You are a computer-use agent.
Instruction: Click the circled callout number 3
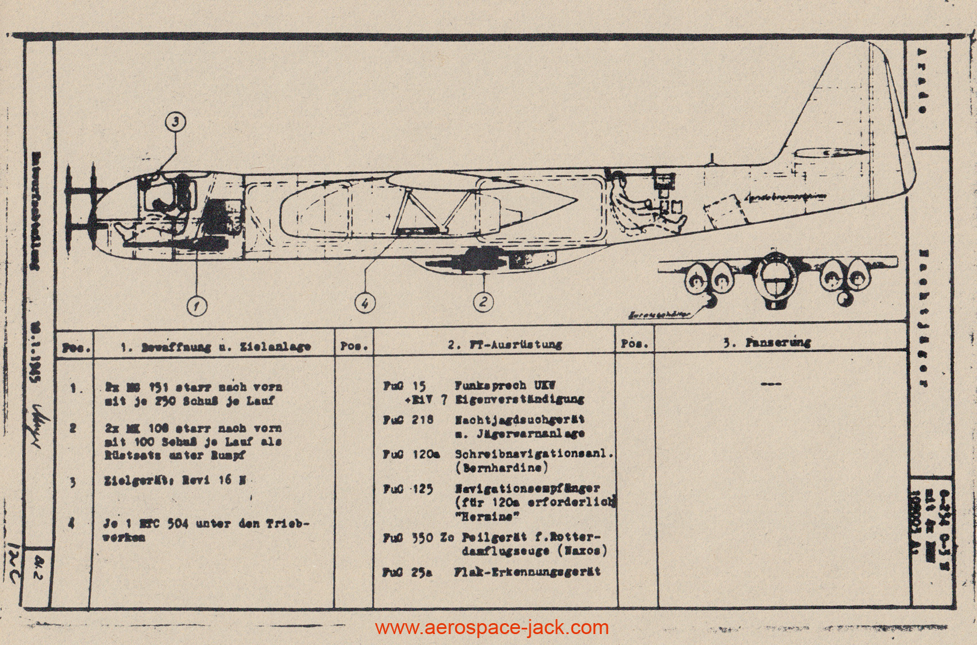[x=176, y=122]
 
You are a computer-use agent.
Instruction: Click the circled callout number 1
[x=197, y=305]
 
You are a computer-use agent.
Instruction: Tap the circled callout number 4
[x=365, y=302]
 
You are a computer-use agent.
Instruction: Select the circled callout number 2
[x=483, y=301]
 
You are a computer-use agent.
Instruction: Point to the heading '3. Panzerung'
[x=766, y=343]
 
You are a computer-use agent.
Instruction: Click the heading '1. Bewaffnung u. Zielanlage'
[x=216, y=347]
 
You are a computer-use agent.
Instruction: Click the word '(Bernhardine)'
[x=501, y=467]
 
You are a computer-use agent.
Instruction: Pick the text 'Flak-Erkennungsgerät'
[x=527, y=572]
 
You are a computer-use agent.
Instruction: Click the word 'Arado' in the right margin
[x=921, y=80]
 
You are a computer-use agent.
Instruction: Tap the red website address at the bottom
[x=492, y=627]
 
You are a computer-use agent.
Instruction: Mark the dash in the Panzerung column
[x=770, y=384]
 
